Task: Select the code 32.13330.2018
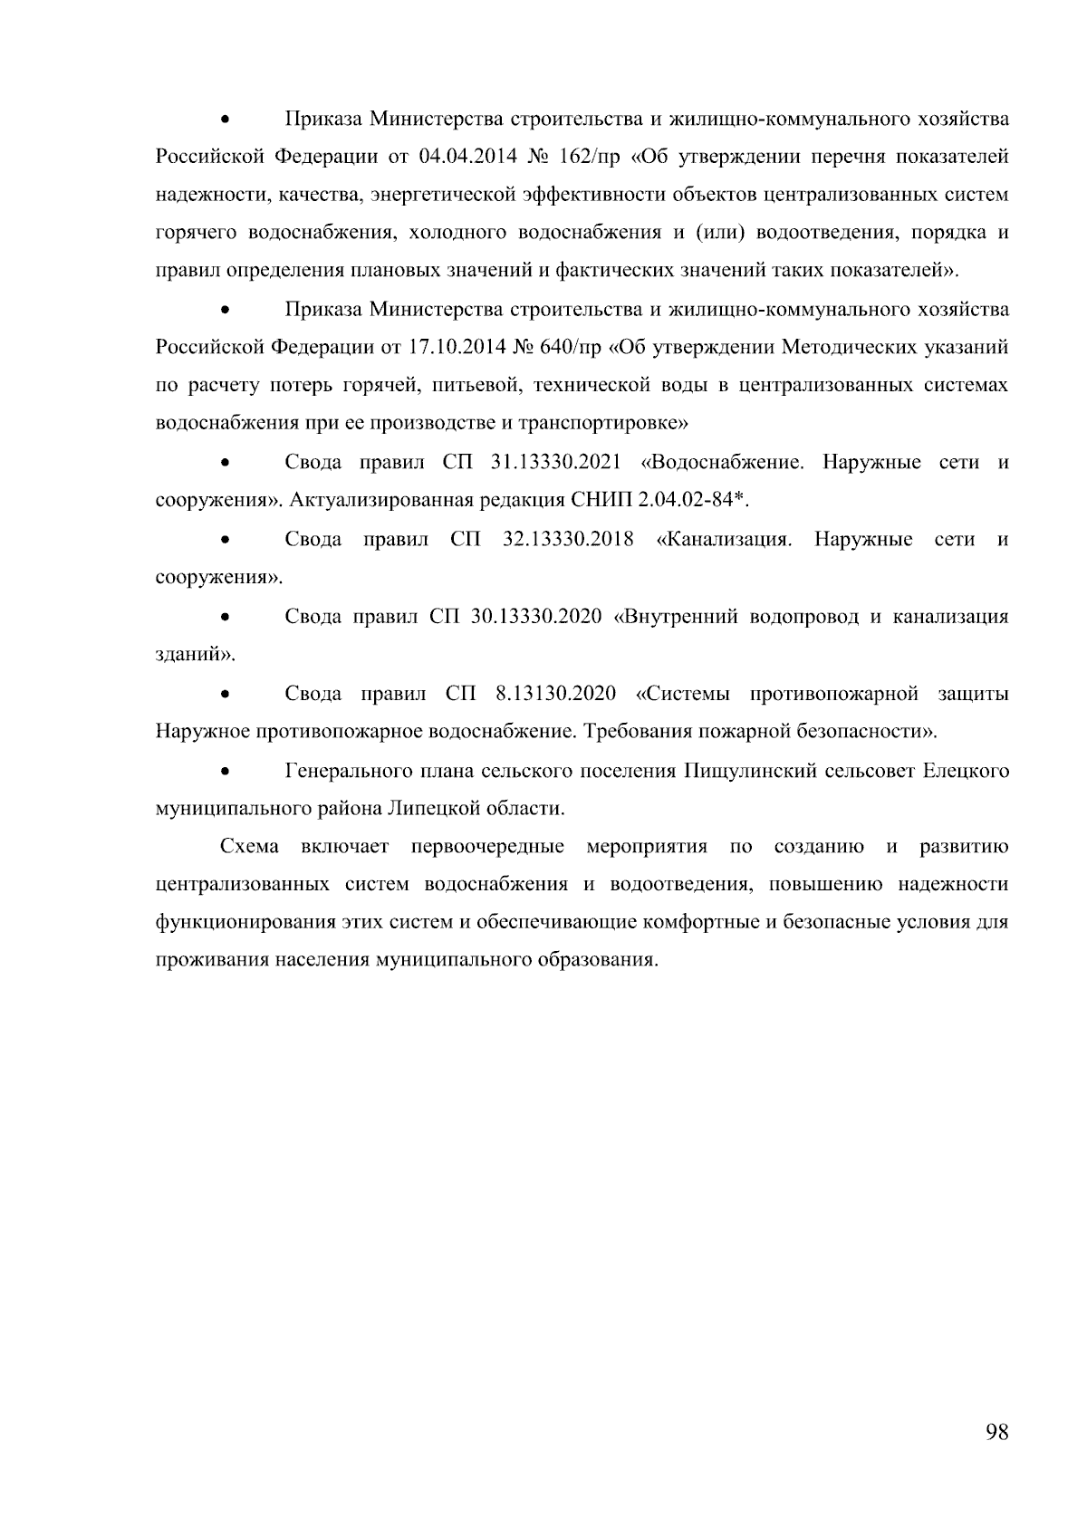pos(567,540)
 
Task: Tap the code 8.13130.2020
pos(555,694)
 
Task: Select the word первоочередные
pos(487,847)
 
